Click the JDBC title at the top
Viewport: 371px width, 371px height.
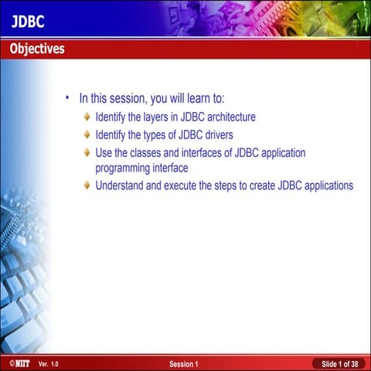pos(28,21)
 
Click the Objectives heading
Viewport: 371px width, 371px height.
pos(36,49)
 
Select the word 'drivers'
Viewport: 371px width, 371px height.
pos(216,134)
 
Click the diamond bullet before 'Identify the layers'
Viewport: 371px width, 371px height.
pos(87,117)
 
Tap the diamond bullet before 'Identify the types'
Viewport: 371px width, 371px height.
pos(87,134)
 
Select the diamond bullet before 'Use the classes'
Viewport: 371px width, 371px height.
pos(87,152)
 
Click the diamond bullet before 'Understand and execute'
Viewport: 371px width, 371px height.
pos(87,185)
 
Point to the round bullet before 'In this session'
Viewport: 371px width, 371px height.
pos(67,98)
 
